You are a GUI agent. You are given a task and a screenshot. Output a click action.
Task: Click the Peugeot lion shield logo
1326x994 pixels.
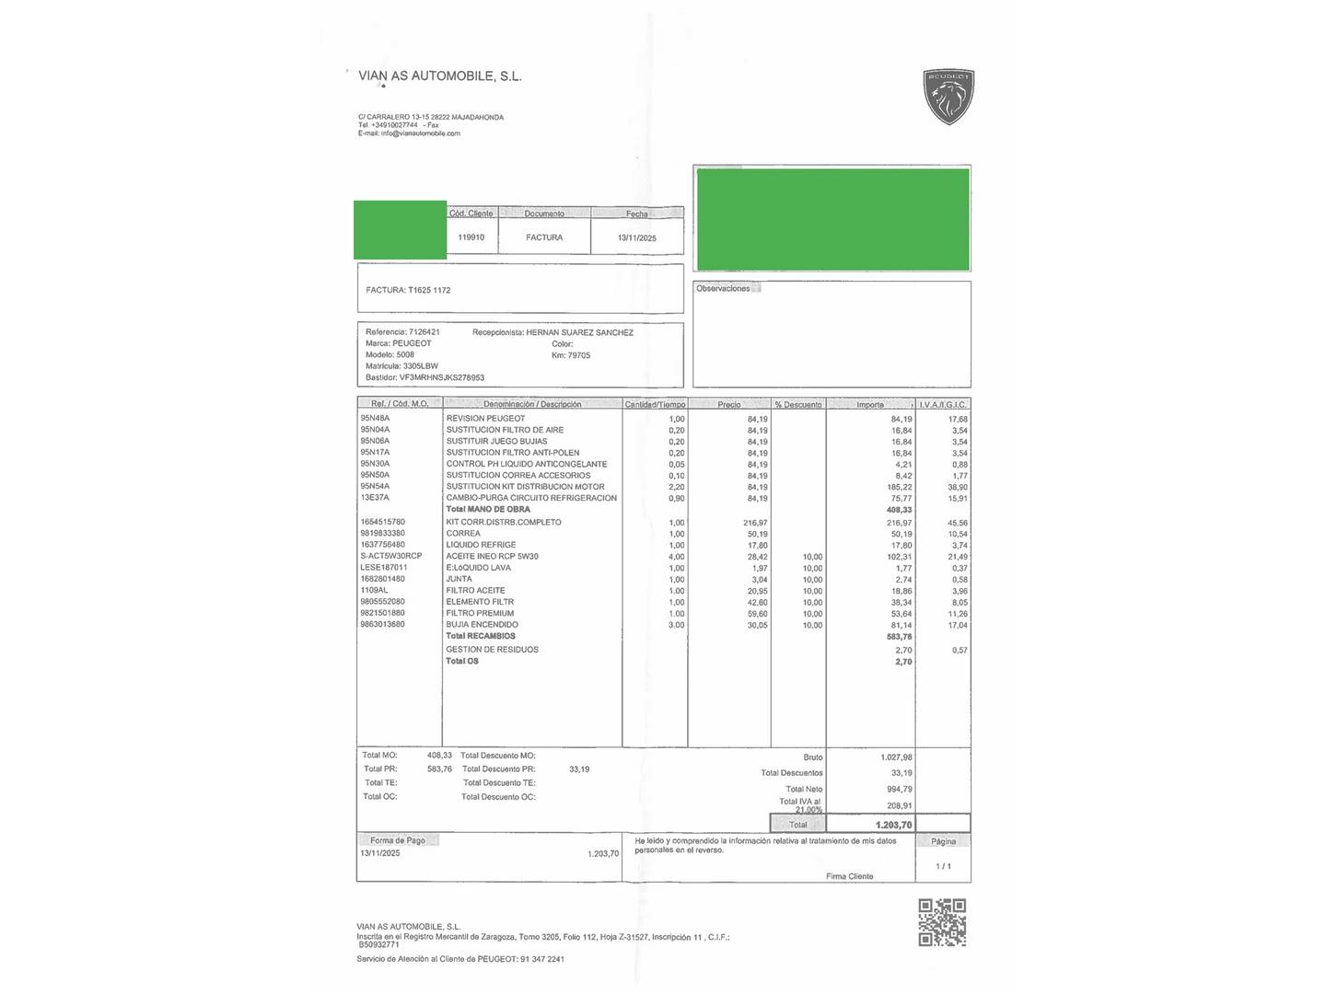(x=948, y=97)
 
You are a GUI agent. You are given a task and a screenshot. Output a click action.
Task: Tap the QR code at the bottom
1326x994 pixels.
(x=942, y=923)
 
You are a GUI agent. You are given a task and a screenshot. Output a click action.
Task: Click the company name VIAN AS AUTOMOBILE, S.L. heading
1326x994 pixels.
(x=440, y=76)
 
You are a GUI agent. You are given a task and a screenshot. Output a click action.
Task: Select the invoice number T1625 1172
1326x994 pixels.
(x=429, y=290)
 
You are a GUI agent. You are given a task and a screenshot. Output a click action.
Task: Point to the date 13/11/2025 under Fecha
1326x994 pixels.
(x=637, y=237)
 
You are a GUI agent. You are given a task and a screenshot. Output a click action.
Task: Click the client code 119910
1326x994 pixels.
(x=471, y=237)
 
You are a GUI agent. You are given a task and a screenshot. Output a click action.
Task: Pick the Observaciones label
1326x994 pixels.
(x=723, y=289)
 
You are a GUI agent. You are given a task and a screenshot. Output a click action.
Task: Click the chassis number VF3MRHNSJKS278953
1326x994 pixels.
(x=442, y=377)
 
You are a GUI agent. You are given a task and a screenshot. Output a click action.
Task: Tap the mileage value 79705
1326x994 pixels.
(x=579, y=355)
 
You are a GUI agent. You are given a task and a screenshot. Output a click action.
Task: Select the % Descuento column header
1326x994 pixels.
(x=798, y=405)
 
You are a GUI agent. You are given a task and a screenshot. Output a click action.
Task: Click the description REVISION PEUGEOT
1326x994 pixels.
(x=485, y=419)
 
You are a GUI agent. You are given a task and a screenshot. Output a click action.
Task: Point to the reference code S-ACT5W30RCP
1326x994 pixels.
(x=391, y=556)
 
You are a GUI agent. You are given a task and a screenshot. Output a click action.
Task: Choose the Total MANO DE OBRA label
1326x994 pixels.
(x=488, y=509)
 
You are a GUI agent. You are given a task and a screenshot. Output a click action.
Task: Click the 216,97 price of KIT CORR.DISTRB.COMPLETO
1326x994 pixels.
(x=755, y=523)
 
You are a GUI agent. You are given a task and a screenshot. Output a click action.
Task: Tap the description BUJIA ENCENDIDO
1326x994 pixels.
(x=483, y=625)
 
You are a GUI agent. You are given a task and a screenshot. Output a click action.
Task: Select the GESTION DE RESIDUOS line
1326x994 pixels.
(x=493, y=650)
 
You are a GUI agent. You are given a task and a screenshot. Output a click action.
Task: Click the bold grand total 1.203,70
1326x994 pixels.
(x=893, y=825)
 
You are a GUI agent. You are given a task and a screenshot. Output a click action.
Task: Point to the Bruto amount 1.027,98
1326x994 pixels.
(x=896, y=757)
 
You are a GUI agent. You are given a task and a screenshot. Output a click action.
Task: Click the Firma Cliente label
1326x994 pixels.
(x=849, y=876)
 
